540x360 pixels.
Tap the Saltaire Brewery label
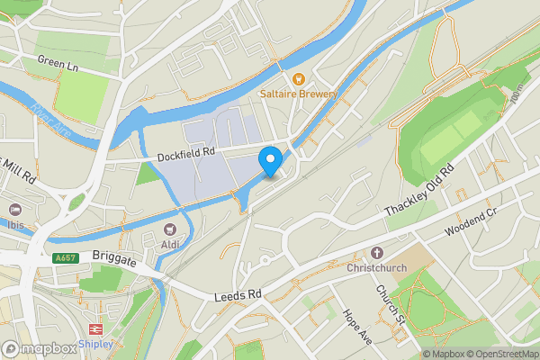pos(299,94)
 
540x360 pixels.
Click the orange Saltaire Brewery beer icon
pos(299,78)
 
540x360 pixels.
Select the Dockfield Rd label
pos(186,153)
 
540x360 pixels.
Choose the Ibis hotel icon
pos(15,208)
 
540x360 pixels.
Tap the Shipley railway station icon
pos(96,329)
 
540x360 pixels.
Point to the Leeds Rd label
pos(238,295)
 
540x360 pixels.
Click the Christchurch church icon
pos(376,253)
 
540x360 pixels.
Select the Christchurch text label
pos(377,267)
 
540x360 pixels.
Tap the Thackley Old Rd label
pos(420,191)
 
